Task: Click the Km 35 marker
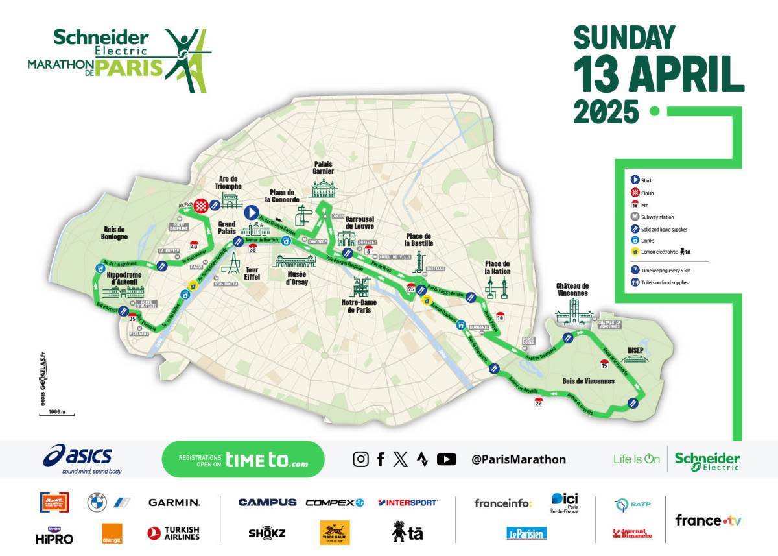click(133, 319)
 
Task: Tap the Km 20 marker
click(539, 403)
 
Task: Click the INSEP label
click(635, 351)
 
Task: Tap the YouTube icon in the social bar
click(446, 459)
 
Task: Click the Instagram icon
click(360, 459)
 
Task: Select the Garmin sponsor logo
click(174, 502)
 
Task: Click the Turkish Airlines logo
click(173, 533)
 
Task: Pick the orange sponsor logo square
click(113, 533)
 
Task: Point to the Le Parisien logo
click(526, 533)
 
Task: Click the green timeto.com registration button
click(242, 459)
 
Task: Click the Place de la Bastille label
click(418, 239)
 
